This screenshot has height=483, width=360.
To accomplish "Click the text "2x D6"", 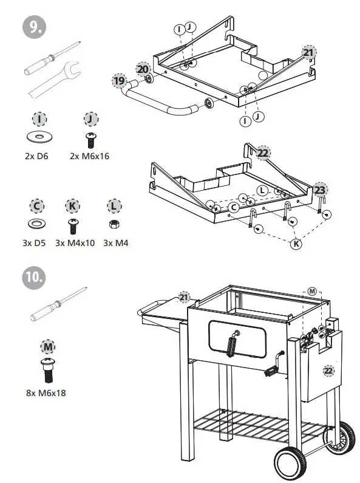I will point(36,156).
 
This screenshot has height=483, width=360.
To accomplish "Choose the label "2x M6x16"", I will point(90,156).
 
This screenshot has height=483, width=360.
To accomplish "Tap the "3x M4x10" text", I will point(75,243).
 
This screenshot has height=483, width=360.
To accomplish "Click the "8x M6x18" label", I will point(46,392).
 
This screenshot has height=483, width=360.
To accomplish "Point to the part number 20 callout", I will point(143,69).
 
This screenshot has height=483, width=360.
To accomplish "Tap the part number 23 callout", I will point(320,190).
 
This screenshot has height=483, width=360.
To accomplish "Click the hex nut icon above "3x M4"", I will point(114,224).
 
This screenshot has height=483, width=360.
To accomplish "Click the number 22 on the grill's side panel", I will point(328,371).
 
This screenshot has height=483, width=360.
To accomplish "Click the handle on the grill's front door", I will point(231,344).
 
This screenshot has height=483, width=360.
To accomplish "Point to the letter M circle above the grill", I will point(312,292).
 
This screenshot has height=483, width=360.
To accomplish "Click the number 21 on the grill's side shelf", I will point(184,297).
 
